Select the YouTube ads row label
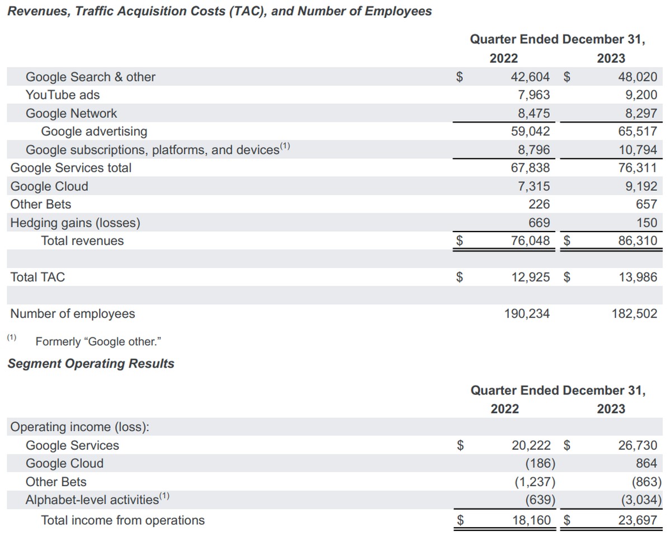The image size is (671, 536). (63, 95)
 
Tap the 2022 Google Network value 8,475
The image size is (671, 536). (533, 114)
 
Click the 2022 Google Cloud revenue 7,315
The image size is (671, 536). (533, 186)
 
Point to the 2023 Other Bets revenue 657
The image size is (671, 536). (646, 204)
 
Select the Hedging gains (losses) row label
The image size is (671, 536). (75, 223)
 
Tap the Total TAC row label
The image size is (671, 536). (37, 277)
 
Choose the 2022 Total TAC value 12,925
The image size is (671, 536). (531, 277)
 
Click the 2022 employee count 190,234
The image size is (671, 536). (527, 314)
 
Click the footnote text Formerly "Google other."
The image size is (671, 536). (98, 341)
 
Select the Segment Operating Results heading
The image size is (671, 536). (91, 364)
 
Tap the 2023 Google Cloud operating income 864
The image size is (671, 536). (646, 463)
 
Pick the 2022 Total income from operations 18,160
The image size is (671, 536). (531, 520)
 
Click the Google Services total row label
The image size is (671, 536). (71, 168)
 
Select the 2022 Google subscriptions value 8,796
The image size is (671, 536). (533, 150)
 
